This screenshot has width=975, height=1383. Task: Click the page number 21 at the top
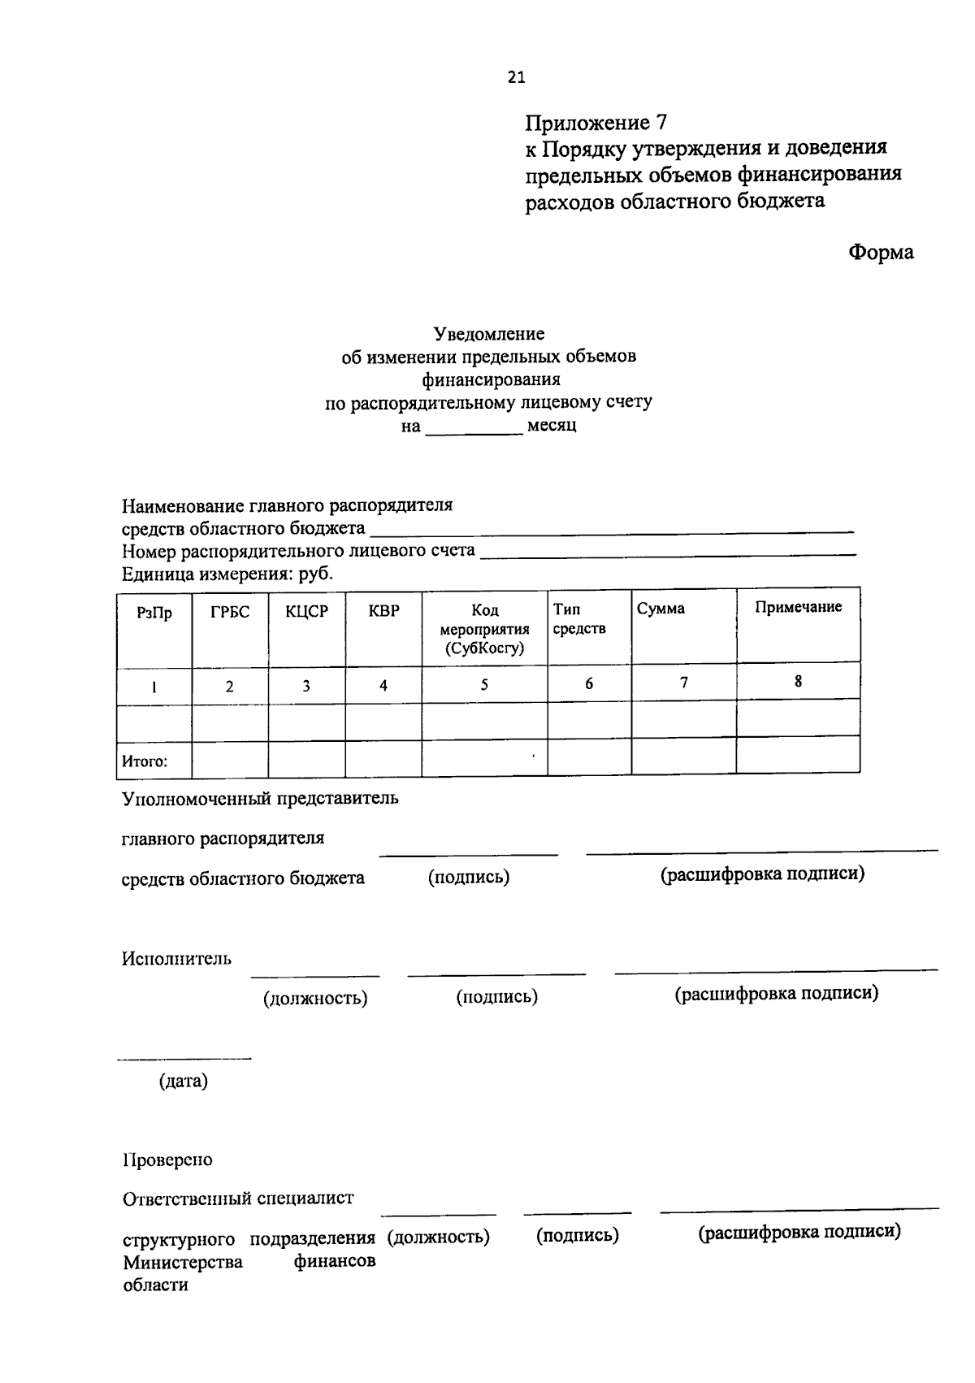[516, 77]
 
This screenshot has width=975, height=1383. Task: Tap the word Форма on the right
[881, 253]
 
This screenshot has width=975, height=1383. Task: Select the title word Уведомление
[488, 334]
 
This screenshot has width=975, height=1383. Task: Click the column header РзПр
[154, 613]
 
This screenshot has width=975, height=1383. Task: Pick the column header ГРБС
[230, 612]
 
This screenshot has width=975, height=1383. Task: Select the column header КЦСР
[306, 612]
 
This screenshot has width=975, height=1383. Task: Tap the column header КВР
[383, 611]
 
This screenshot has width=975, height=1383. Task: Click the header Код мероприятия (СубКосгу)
[484, 629]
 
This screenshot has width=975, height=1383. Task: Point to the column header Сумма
[661, 609]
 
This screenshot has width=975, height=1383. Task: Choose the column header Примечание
[798, 607]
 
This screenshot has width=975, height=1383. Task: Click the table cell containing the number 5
[484, 684]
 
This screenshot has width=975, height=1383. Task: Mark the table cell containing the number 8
[798, 681]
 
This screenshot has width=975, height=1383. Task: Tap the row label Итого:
[145, 761]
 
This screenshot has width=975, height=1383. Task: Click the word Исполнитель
[176, 959]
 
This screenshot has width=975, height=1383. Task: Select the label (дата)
[184, 1082]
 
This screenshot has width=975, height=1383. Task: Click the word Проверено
[167, 1160]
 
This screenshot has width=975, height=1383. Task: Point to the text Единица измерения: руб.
[227, 574]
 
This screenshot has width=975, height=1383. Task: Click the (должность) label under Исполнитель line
[315, 998]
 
